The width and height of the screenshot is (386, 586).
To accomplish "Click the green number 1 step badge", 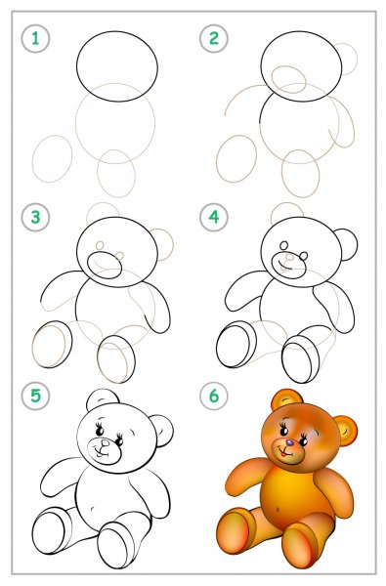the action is pyautogui.click(x=35, y=38).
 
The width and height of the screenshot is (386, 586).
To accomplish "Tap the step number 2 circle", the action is pyautogui.click(x=214, y=38).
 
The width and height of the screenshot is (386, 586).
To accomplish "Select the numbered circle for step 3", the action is pyautogui.click(x=35, y=217).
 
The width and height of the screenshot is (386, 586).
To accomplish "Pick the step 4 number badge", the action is pyautogui.click(x=214, y=217).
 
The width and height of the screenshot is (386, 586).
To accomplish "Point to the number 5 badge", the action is pyautogui.click(x=35, y=396).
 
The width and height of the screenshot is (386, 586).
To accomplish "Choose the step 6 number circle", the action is pyautogui.click(x=214, y=396).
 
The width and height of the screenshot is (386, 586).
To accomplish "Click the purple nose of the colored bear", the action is pyautogui.click(x=289, y=442).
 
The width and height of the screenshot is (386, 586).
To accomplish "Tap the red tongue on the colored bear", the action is pyautogui.click(x=285, y=454).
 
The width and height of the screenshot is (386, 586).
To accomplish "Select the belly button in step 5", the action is pyautogui.click(x=93, y=509).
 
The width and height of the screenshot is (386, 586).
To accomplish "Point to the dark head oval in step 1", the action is pyautogui.click(x=117, y=31).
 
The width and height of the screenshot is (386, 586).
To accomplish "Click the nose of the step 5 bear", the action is pyautogui.click(x=106, y=442).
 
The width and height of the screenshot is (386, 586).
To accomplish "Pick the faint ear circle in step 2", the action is pyautogui.click(x=357, y=59).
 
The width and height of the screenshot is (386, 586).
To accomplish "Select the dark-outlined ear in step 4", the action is pyautogui.click(x=357, y=245).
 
